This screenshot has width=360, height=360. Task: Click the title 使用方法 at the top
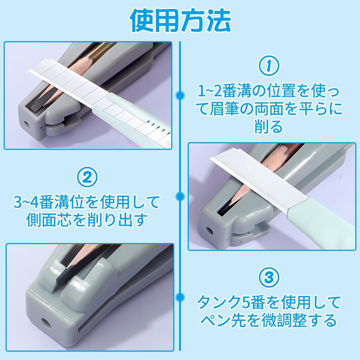click(x=180, y=20)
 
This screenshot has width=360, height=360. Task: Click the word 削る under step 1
click(x=268, y=126)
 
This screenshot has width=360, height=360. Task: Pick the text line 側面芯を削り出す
click(x=88, y=220)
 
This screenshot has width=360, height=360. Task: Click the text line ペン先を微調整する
click(x=268, y=321)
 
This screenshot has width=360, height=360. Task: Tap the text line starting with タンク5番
click(x=268, y=300)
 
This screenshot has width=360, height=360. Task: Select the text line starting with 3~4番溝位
click(x=88, y=199)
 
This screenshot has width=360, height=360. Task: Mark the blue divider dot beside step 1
click(x=180, y=95)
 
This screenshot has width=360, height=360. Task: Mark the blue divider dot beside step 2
click(x=180, y=196)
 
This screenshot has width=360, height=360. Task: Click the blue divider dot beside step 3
click(x=180, y=297)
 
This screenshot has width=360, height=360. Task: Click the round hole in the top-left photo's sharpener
click(x=26, y=122)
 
